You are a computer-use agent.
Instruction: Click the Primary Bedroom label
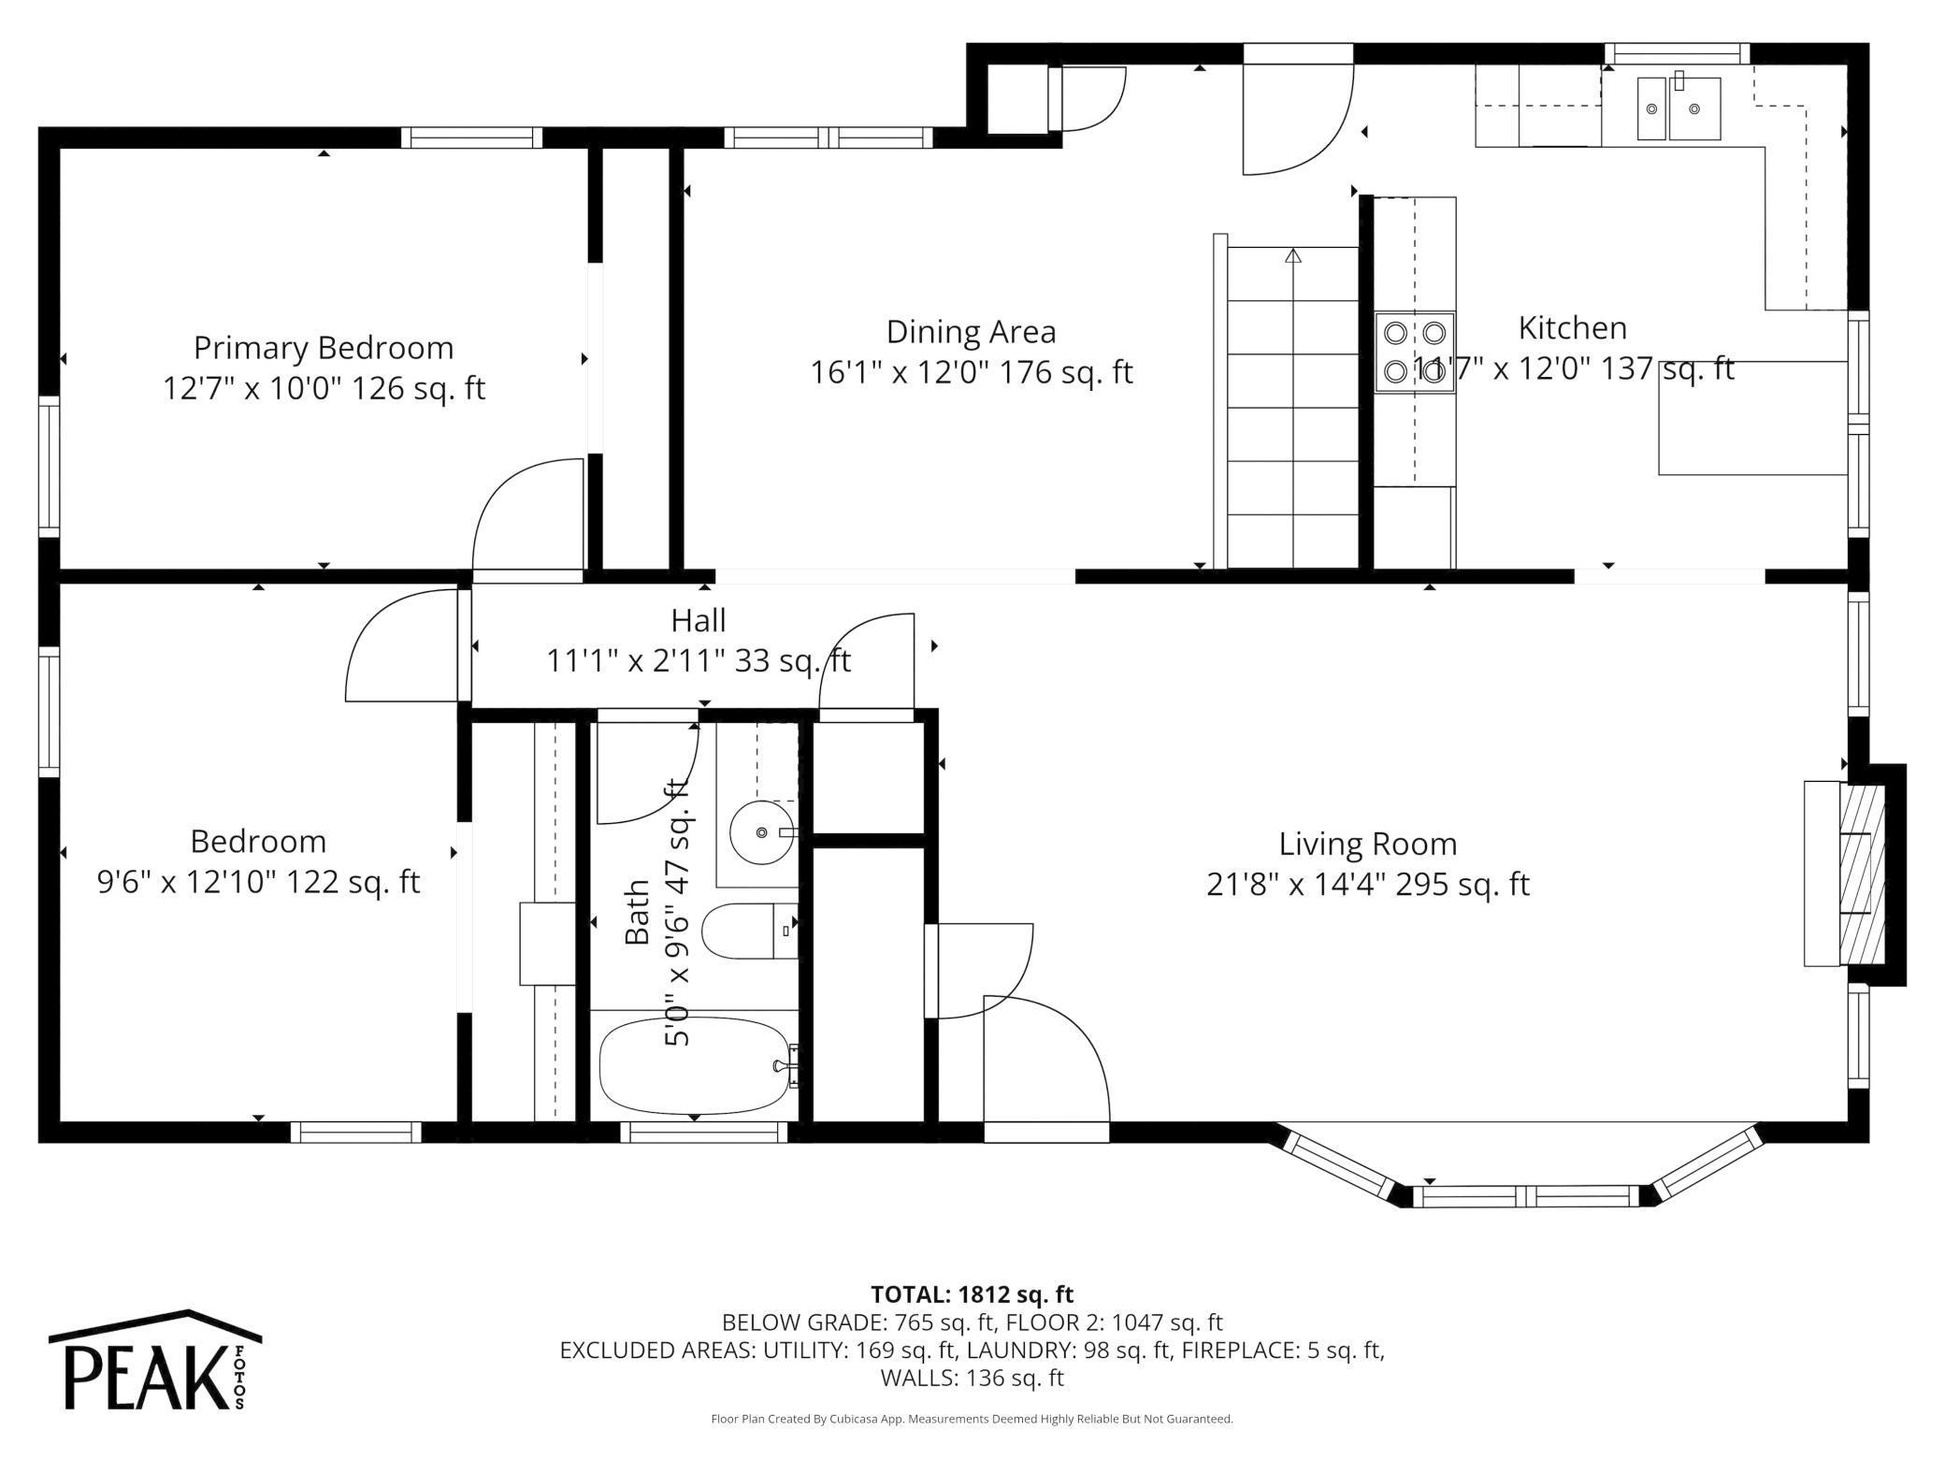324,348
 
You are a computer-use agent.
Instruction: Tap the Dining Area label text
971,332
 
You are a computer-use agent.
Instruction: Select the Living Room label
1368,845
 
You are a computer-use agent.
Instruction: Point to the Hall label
699,620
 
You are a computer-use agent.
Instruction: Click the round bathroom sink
762,831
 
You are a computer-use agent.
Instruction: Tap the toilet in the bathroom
749,931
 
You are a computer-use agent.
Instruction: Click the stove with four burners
1415,353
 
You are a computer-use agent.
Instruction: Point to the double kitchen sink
1678,108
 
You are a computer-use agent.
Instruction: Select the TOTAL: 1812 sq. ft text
972,1294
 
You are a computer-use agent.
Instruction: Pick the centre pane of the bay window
1525,1196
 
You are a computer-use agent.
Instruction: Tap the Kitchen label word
1573,328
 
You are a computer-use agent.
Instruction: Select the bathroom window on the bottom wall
704,1132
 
